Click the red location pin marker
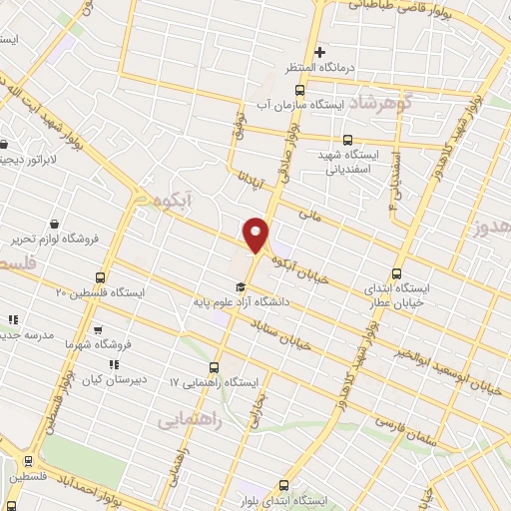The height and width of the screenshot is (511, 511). click(x=256, y=234)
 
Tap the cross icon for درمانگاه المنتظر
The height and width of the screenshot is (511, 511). click(x=319, y=52)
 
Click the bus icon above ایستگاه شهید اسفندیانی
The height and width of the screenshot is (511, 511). click(x=347, y=140)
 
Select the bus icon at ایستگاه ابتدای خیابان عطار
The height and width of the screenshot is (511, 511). click(x=397, y=273)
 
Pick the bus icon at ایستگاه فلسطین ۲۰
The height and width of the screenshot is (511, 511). click(x=100, y=277)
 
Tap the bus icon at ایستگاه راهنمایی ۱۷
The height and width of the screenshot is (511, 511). click(x=215, y=367)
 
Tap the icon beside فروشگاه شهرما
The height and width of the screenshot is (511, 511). click(x=98, y=330)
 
